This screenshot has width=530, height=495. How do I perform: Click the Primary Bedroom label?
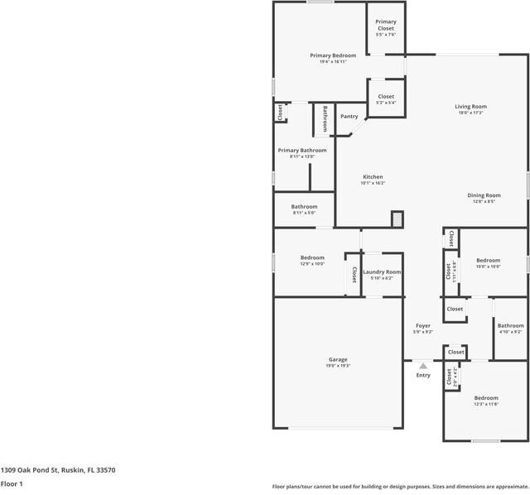[333, 55]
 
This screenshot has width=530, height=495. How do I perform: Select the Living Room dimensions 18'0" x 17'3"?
[470, 113]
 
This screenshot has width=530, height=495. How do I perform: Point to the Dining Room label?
[484, 195]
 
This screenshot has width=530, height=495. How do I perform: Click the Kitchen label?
[373, 177]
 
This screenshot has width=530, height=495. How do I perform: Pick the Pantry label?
[349, 117]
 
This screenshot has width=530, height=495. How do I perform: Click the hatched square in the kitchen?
[397, 219]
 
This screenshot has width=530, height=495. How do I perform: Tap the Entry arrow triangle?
[423, 365]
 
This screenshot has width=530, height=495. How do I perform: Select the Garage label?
[338, 359]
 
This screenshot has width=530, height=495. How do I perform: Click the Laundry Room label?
[382, 272]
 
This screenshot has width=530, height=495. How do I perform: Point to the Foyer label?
[422, 326]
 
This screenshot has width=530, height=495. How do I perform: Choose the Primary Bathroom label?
[301, 151]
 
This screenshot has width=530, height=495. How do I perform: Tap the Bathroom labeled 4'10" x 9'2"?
[510, 325]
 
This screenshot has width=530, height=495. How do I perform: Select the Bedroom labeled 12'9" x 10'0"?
[312, 257]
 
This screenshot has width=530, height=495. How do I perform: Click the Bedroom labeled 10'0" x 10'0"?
[488, 260]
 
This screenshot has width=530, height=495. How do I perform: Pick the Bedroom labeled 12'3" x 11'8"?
[486, 398]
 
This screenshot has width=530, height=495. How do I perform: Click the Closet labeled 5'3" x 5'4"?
[385, 97]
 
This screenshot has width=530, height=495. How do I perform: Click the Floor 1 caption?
[12, 483]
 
